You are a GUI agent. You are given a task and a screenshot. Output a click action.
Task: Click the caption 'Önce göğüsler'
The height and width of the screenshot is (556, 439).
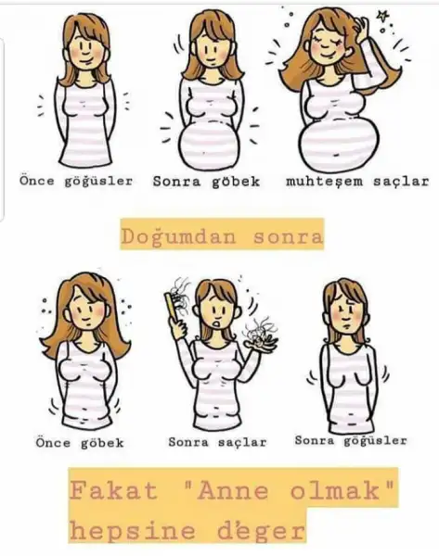click(76, 181)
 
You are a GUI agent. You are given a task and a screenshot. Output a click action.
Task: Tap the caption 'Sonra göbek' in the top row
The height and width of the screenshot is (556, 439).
click(206, 182)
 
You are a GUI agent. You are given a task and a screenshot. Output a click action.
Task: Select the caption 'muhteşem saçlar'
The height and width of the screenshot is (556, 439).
click(357, 182)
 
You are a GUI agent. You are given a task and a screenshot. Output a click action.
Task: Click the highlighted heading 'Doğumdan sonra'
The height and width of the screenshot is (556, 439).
click(222, 236)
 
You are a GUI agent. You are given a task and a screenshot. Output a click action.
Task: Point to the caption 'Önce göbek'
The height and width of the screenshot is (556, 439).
click(80, 443)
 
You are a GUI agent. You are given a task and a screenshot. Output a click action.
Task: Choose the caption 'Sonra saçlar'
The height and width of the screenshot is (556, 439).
click(217, 442)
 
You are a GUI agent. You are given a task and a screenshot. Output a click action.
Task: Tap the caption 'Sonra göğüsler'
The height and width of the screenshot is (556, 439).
click(351, 441)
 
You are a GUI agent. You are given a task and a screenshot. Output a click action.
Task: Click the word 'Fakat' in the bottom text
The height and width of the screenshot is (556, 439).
click(113, 491)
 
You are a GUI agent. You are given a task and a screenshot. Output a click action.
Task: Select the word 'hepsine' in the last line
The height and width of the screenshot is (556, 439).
click(132, 531)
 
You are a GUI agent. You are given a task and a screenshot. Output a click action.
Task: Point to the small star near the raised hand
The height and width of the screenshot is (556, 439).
click(382, 16)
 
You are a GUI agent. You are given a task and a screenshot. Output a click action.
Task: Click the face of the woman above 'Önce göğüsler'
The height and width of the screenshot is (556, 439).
click(86, 50)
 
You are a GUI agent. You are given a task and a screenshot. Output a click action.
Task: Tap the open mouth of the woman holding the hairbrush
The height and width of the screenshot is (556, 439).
click(216, 323)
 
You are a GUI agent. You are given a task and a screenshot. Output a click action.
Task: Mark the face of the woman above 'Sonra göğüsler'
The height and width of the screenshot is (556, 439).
click(345, 312)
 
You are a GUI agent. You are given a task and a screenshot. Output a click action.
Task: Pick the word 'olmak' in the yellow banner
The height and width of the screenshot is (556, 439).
click(335, 491)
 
